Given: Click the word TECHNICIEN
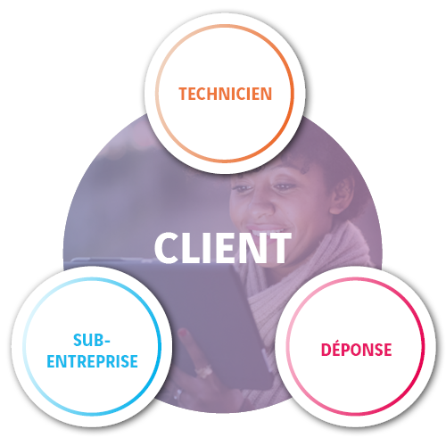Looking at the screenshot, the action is tap(225, 94).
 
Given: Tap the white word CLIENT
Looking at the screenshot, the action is tap(222, 248).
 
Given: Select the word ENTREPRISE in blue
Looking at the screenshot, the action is tap(92, 361).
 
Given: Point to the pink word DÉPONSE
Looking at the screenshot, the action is tap(356, 349).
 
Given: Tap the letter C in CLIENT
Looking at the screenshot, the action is tap(166, 248).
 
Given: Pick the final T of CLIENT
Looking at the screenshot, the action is tap(278, 248).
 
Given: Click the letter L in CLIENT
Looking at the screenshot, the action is tap(190, 248).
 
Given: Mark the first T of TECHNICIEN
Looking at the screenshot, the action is tap(183, 94).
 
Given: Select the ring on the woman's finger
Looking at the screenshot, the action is tap(203, 372).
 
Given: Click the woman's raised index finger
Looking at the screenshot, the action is tap(190, 346).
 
